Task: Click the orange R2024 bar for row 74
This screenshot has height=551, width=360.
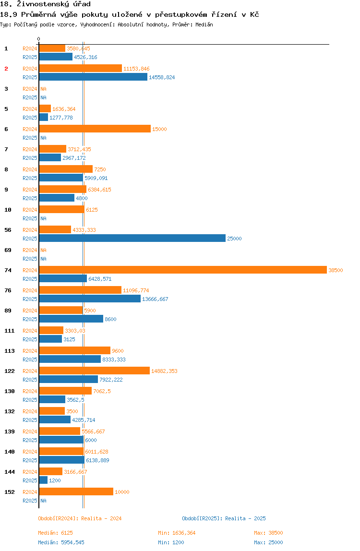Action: click(x=182, y=270)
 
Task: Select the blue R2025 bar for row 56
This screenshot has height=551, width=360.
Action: click(x=132, y=238)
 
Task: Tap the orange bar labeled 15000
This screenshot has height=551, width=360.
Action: click(x=95, y=129)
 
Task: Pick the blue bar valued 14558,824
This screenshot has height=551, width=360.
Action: click(x=93, y=77)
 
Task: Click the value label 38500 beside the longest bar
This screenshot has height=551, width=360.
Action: click(x=336, y=270)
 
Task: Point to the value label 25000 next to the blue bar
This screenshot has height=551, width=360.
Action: click(x=234, y=239)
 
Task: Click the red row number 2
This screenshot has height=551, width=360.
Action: click(x=6, y=69)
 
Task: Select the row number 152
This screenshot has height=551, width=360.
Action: click(x=10, y=492)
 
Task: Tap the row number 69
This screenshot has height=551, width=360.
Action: click(x=8, y=250)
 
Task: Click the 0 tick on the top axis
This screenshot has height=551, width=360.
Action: click(x=39, y=39)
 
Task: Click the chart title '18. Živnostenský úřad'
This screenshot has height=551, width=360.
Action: click(x=46, y=4)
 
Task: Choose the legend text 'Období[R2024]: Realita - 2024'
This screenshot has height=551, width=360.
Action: click(x=80, y=518)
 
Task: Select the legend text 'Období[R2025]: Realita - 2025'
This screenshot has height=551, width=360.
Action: click(x=224, y=518)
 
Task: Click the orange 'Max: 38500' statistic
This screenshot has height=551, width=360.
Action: click(x=268, y=533)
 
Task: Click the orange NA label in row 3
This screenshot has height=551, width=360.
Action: click(x=43, y=89)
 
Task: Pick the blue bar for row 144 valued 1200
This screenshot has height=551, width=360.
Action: click(x=43, y=480)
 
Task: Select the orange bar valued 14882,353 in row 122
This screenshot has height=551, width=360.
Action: click(x=94, y=371)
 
